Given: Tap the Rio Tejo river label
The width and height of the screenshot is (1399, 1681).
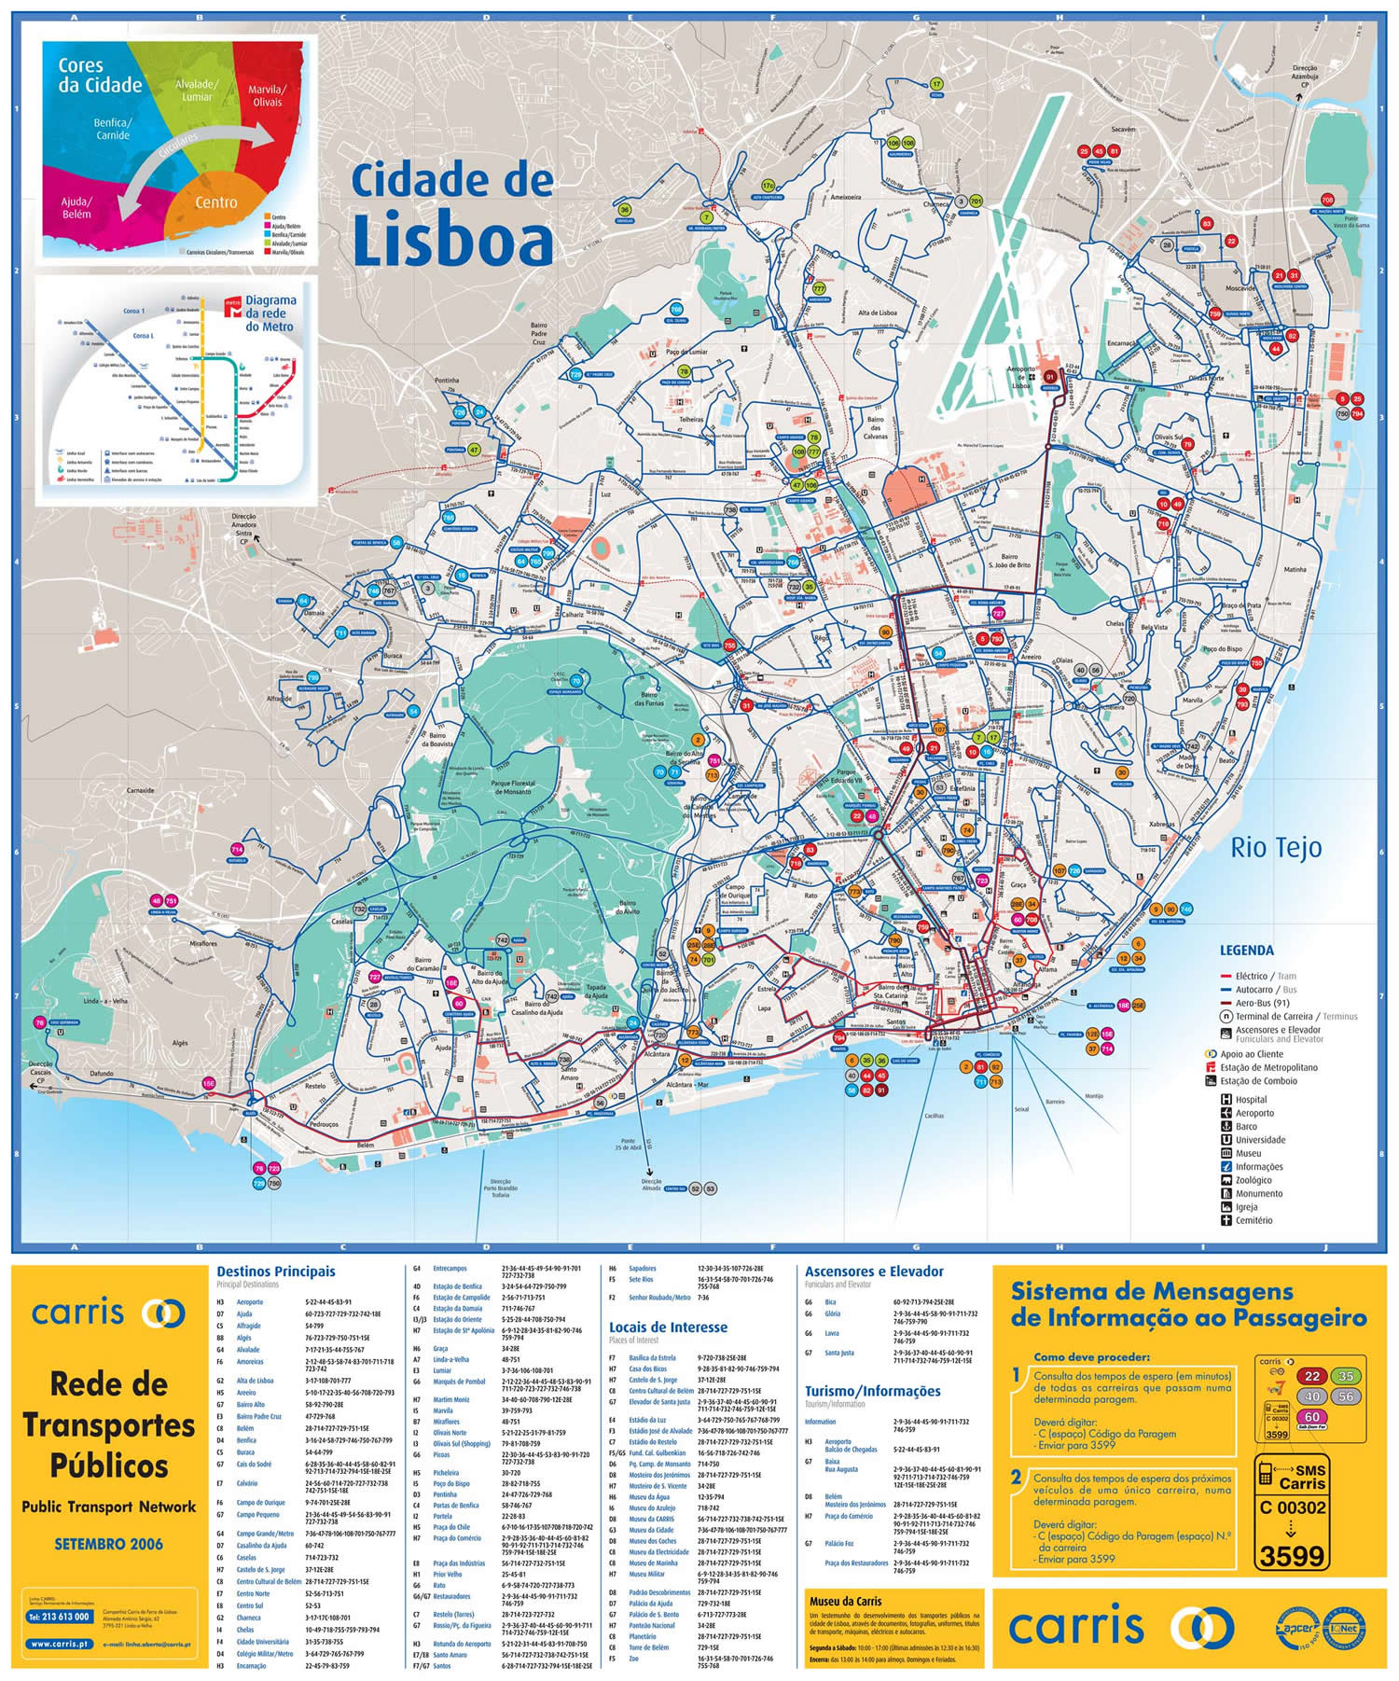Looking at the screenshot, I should [x=1275, y=847].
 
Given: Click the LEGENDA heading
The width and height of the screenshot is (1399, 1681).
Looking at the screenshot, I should [x=1246, y=951].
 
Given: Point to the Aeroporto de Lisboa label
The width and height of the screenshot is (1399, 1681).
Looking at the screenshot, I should [x=1021, y=377].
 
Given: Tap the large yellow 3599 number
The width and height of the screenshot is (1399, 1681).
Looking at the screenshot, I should [x=1291, y=1556].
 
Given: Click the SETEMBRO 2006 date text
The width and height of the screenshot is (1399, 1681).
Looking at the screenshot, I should [x=108, y=1544].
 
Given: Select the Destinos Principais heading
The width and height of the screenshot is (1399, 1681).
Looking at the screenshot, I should [x=275, y=1271].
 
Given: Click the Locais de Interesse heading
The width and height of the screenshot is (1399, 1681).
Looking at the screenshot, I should [x=668, y=1327].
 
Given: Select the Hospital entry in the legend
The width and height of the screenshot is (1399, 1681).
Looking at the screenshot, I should [x=1254, y=1099].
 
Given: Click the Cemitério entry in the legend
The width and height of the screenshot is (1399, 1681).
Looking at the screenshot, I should [x=1254, y=1220].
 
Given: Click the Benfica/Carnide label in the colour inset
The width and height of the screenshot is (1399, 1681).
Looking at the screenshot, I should [x=113, y=129].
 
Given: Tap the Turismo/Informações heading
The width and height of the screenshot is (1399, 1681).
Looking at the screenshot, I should [x=872, y=1391].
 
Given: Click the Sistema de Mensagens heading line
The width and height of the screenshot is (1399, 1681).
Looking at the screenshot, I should [x=1152, y=1292].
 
